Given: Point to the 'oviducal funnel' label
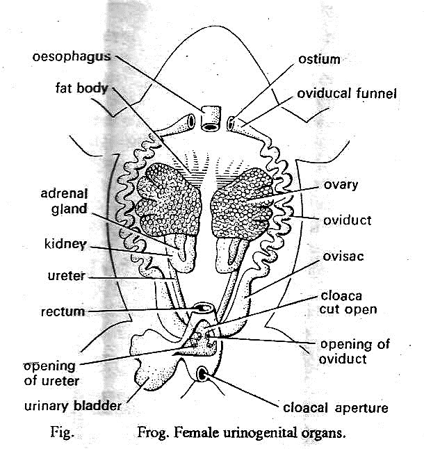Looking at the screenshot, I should point(347,92).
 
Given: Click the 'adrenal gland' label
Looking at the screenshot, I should point(62,201).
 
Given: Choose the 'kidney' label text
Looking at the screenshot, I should point(65,245).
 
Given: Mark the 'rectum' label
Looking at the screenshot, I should point(63,311).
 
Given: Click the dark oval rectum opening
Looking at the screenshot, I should point(204,308).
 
